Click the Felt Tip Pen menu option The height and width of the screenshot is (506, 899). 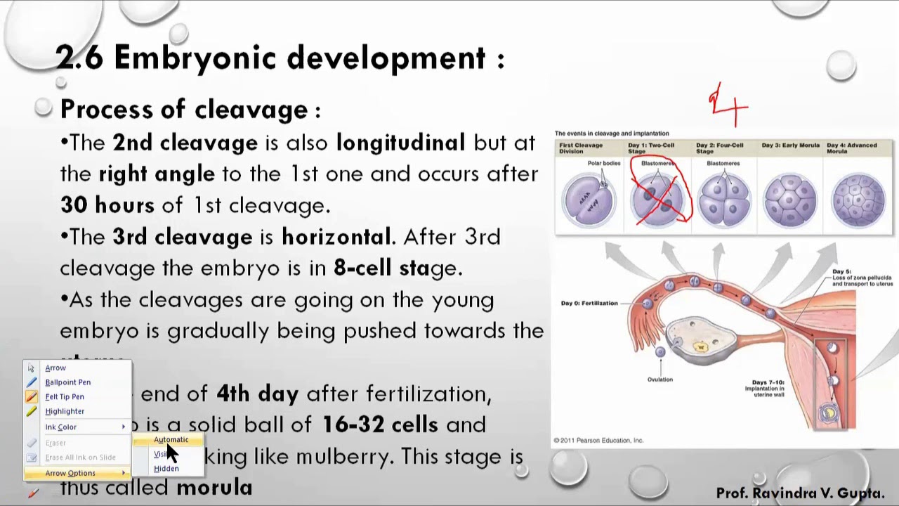[65, 396]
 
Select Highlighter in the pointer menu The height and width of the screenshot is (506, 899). [65, 411]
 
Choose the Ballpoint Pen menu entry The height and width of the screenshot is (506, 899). [67, 382]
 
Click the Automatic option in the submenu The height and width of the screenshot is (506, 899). [171, 440]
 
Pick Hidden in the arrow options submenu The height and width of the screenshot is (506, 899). [166, 469]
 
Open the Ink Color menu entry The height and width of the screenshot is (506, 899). [61, 427]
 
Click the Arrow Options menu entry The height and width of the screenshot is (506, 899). [70, 473]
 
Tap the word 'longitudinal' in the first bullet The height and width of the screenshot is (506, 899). [400, 143]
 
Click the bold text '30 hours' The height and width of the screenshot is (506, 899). [107, 205]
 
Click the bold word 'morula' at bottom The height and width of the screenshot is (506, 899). [214, 487]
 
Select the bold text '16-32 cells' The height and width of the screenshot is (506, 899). [379, 424]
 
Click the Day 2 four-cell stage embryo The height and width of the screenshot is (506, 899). [723, 199]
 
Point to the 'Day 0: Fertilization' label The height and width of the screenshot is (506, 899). [589, 304]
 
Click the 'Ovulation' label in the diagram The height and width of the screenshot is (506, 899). [660, 379]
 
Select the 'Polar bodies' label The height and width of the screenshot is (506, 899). [603, 163]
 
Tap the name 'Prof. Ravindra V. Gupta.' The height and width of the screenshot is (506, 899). [800, 493]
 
